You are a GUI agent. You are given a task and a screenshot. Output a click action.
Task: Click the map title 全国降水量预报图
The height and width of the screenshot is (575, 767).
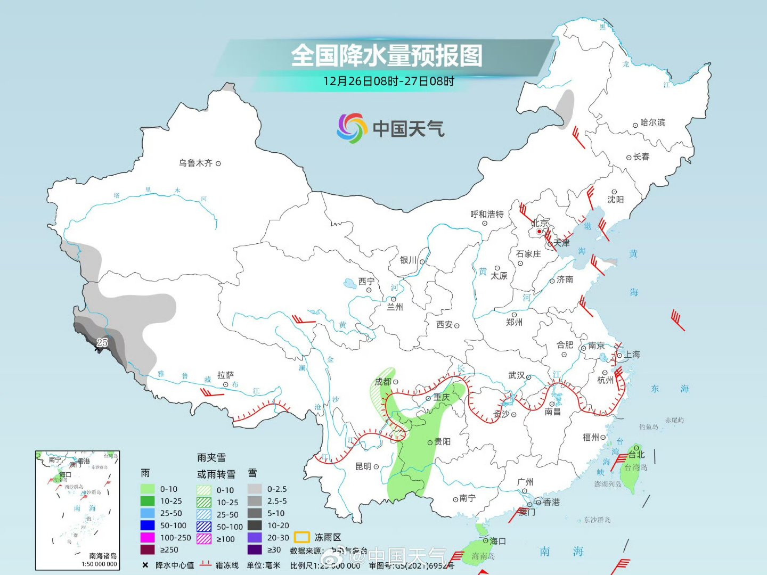(x=386, y=55)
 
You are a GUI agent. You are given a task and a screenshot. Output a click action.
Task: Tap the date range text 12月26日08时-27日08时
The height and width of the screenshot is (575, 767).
(x=388, y=81)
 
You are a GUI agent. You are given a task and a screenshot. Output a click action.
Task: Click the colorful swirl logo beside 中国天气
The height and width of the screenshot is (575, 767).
(x=352, y=128)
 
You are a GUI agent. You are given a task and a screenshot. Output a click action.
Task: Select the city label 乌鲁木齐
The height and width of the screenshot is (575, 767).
(x=195, y=163)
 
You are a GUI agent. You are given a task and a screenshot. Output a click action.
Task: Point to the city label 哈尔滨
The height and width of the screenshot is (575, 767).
(x=652, y=122)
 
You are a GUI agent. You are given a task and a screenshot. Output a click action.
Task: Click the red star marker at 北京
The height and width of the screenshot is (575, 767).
(x=539, y=232)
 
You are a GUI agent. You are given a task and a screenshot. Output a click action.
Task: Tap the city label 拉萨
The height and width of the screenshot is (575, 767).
(x=225, y=375)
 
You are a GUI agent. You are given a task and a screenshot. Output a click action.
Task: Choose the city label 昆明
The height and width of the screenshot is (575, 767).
(x=363, y=466)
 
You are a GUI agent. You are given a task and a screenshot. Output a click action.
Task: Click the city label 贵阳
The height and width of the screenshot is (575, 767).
(x=442, y=441)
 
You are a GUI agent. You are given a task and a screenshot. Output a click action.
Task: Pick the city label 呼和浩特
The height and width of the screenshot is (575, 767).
(x=487, y=214)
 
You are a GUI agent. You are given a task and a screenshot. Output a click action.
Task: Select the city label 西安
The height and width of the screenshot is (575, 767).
(x=444, y=324)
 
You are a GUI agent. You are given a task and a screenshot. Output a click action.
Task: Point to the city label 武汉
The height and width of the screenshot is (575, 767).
(x=516, y=375)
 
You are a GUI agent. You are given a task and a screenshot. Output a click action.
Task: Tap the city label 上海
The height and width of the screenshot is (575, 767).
(x=632, y=355)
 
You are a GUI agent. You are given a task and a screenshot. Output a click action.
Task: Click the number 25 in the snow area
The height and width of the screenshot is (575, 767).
(x=102, y=342)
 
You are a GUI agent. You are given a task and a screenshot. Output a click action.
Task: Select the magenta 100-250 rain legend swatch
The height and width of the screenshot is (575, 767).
(x=148, y=538)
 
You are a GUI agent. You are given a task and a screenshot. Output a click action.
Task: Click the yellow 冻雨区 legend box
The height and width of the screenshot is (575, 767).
(x=302, y=537)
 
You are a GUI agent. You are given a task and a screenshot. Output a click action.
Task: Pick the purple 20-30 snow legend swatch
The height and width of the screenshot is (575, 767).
(x=255, y=538)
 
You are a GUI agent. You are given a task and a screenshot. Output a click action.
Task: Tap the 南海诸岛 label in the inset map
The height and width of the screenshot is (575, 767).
(x=103, y=556)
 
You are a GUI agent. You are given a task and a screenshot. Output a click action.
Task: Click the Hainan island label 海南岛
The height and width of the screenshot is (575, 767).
(x=483, y=556)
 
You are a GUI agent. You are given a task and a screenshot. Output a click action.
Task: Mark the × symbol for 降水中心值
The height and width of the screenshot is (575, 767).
(x=145, y=565)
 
